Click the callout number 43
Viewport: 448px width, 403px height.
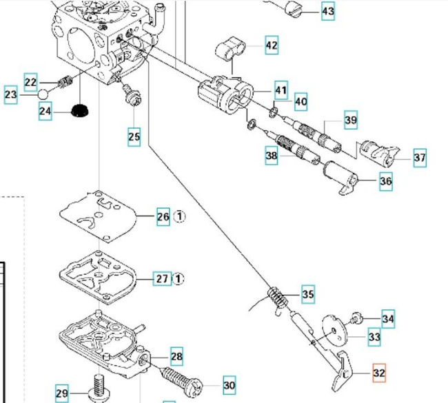click(x=328, y=12)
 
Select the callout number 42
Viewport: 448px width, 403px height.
click(x=272, y=46)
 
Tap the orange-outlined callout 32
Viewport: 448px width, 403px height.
click(x=379, y=373)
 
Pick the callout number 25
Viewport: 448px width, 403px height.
click(x=134, y=137)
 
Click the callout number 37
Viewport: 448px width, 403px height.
click(x=420, y=158)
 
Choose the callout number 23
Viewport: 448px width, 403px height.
click(x=10, y=95)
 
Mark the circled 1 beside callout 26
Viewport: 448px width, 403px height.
click(x=180, y=217)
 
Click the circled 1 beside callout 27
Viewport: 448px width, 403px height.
click(x=179, y=279)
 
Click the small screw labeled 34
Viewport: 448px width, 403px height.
click(x=357, y=318)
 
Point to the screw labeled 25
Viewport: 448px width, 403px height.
click(x=130, y=94)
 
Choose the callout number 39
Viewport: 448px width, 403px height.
click(x=351, y=121)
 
